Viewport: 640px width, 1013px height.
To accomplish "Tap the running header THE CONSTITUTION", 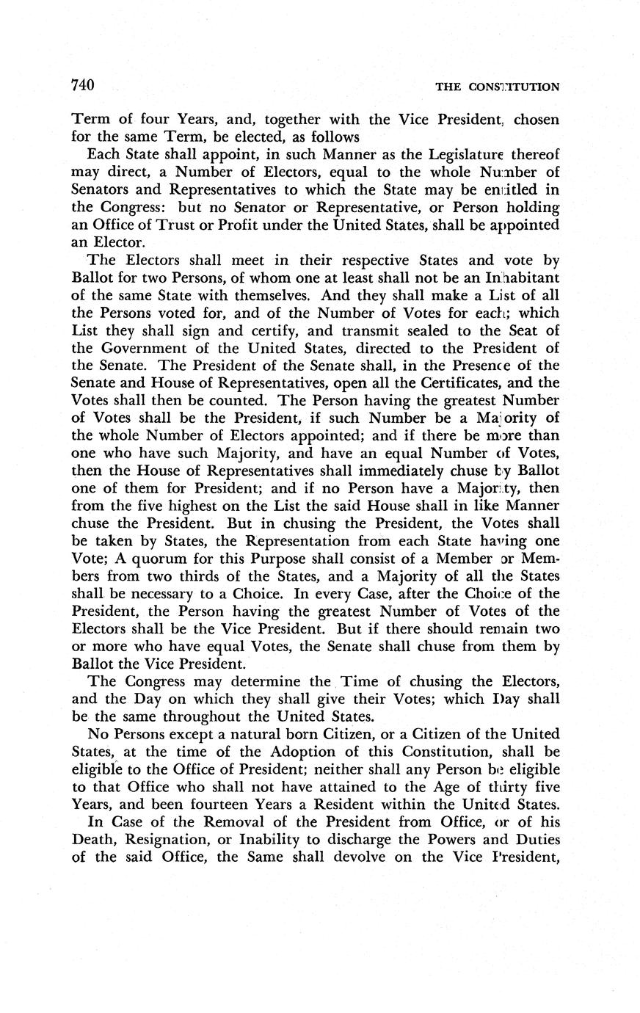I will pyautogui.click(x=497, y=87).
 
